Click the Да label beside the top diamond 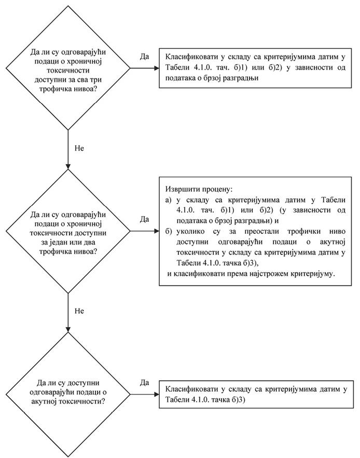(x=145, y=56)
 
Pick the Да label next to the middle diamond (x=145, y=219)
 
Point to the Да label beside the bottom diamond (x=145, y=383)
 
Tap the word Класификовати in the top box (x=190, y=57)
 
